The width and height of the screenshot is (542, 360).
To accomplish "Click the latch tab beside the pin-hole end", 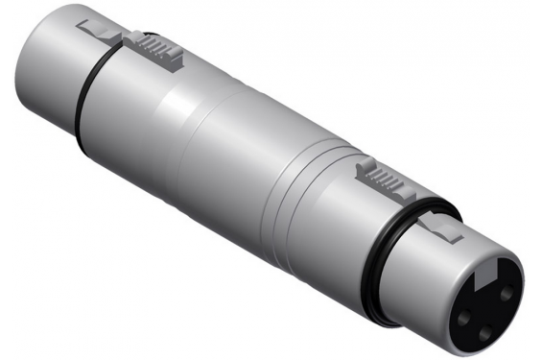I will tap(443, 228).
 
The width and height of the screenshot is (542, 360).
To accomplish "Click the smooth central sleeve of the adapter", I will tap(221, 144).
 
